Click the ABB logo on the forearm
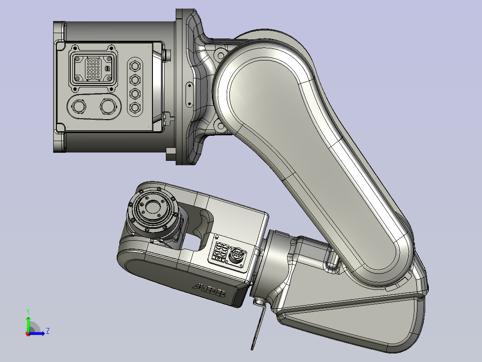(210, 291)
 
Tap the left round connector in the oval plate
(79, 107)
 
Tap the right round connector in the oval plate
(109, 107)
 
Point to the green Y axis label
(28, 311)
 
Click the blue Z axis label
(47, 331)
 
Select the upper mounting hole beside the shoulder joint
(220, 55)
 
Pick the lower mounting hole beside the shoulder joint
(220, 127)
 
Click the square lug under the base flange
(170, 154)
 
